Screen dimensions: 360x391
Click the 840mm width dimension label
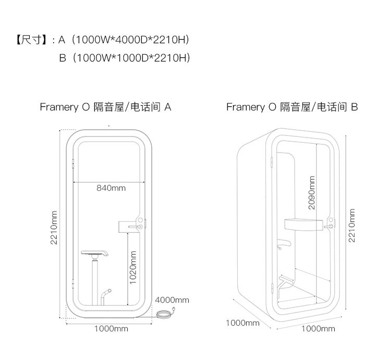pyautogui.click(x=111, y=188)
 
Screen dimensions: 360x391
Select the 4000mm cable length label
pyautogui.click(x=172, y=300)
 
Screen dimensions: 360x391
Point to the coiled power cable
pyautogui.click(x=166, y=314)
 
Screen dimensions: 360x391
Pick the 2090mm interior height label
pyautogui.click(x=312, y=192)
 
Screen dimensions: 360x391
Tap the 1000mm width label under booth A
pyautogui.click(x=111, y=329)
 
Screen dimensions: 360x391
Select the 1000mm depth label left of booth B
pyautogui.click(x=242, y=323)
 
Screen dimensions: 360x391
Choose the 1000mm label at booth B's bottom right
pyautogui.click(x=318, y=329)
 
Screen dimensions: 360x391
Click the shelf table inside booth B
pyautogui.click(x=303, y=224)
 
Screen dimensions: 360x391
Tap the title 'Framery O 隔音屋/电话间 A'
pyautogui.click(x=105, y=107)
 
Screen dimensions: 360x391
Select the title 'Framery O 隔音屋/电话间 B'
pyautogui.click(x=292, y=107)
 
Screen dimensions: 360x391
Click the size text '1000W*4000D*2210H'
pyautogui.click(x=130, y=40)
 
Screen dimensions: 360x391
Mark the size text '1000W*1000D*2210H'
pyautogui.click(x=130, y=57)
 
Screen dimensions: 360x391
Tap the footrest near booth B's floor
pyautogui.click(x=286, y=282)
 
